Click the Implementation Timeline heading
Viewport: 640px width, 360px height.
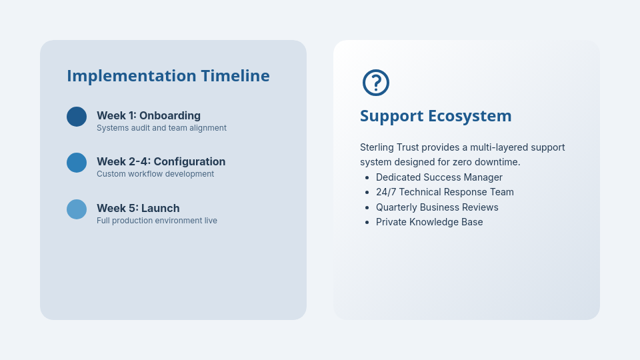[168, 76]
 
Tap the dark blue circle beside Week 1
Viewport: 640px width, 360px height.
[77, 117]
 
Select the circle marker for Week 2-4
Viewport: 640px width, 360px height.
[77, 163]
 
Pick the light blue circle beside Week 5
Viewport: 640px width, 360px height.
[77, 209]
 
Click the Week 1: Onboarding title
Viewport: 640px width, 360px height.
[148, 115]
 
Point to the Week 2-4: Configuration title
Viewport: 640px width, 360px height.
[161, 161]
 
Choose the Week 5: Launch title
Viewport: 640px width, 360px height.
[138, 208]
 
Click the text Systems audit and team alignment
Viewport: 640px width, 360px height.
[161, 128]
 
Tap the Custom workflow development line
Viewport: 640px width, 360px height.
[155, 174]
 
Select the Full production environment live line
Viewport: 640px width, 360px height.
[157, 221]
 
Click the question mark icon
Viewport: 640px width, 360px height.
[376, 83]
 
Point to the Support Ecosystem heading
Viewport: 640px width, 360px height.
[435, 116]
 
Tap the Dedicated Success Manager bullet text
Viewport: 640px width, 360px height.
[439, 177]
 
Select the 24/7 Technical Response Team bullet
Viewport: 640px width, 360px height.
[445, 192]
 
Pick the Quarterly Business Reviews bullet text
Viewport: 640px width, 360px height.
[437, 207]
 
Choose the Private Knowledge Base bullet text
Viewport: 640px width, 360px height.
[429, 222]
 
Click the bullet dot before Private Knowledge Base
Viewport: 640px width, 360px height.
[367, 222]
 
